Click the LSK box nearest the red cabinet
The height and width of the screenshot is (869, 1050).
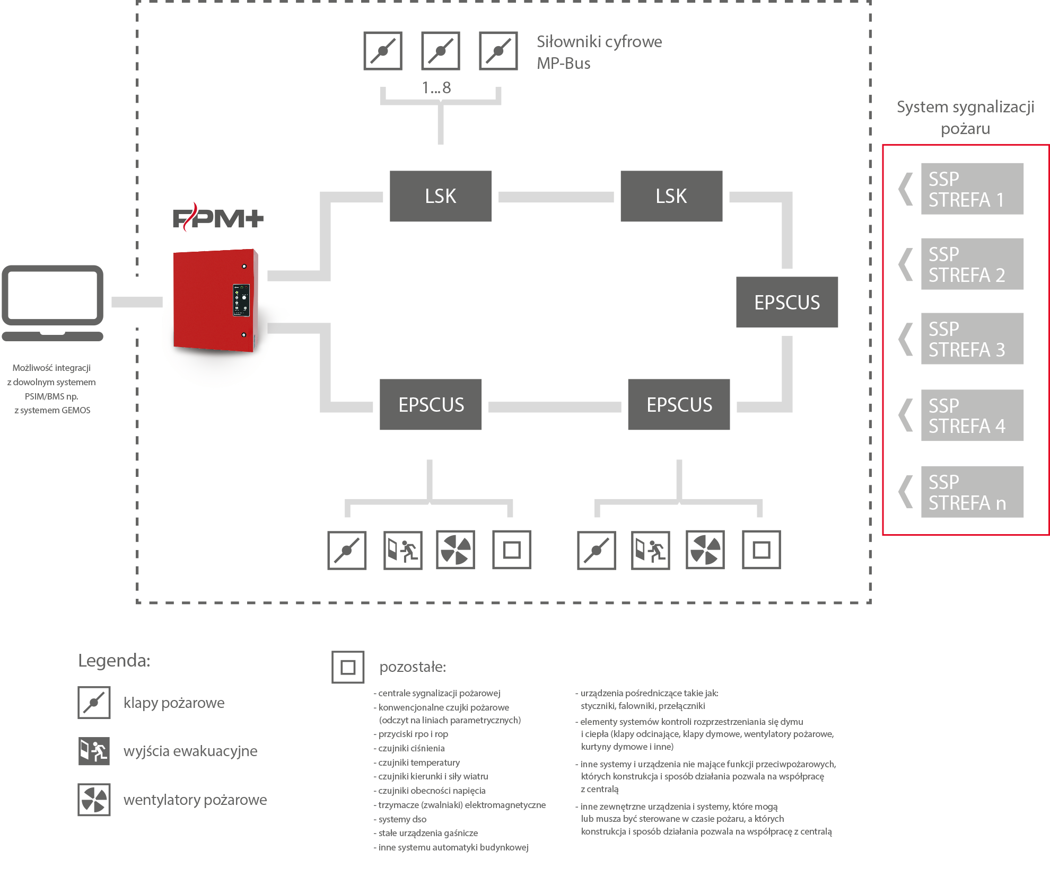tap(440, 196)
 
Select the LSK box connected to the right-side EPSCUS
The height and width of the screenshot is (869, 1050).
tap(671, 196)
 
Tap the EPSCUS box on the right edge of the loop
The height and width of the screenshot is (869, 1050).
tap(787, 302)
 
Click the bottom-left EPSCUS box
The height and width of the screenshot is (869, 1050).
tap(431, 404)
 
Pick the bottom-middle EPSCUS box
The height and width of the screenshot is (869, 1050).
tap(679, 404)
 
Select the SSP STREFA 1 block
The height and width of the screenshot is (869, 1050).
tap(972, 189)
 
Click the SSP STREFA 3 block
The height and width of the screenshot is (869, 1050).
tap(972, 339)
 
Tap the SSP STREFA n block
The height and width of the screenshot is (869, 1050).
tap(972, 492)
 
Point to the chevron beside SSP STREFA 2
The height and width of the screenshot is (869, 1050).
tap(905, 264)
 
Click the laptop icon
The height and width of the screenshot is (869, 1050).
tap(52, 303)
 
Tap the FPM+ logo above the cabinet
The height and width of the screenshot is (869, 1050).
tap(218, 217)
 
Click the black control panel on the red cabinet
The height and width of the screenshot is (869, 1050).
tap(241, 300)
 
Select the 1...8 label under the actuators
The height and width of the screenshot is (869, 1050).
tap(436, 87)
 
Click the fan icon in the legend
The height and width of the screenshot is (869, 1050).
tap(94, 800)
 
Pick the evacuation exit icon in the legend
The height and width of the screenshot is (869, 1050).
tap(94, 751)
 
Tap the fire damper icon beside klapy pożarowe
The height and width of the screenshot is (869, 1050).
tap(94, 703)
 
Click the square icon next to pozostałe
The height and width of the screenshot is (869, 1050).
tap(348, 667)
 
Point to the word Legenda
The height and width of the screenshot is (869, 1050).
tap(114, 661)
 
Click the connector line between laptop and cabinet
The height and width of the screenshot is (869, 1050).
tap(137, 302)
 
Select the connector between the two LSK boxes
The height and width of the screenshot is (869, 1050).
tap(556, 197)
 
